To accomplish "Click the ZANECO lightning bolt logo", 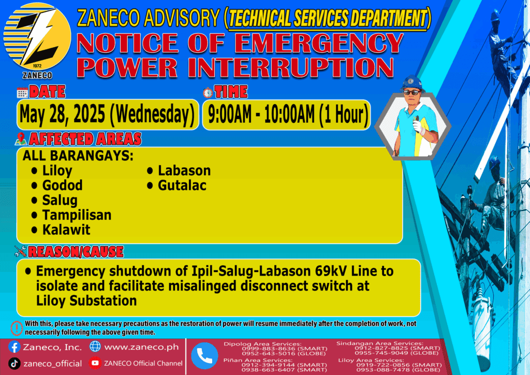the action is click(x=37, y=37).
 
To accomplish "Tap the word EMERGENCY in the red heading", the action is click(x=319, y=44).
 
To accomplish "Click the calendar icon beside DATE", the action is click(x=22, y=93).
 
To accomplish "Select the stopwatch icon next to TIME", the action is click(x=208, y=92).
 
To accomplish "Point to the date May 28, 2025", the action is click(x=62, y=114).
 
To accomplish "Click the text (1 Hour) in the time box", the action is click(x=344, y=114).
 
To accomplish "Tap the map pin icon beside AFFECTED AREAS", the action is click(x=21, y=139).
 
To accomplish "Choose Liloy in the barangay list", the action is click(x=57, y=171).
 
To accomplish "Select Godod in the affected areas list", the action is click(x=62, y=185).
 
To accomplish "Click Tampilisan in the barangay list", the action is click(x=77, y=215).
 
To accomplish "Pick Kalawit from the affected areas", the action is click(x=66, y=230).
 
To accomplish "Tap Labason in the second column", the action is click(x=184, y=170).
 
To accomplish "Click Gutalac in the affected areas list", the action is click(x=182, y=185).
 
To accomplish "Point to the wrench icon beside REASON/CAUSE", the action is click(x=20, y=251).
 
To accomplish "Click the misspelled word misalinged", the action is click(x=202, y=286).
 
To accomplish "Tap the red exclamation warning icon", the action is click(x=17, y=328).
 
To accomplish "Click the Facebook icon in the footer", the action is click(x=14, y=347).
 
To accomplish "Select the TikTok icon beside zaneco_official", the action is click(x=14, y=364).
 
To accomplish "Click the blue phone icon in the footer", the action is click(x=204, y=356).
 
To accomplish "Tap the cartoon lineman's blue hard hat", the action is click(x=411, y=83).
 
